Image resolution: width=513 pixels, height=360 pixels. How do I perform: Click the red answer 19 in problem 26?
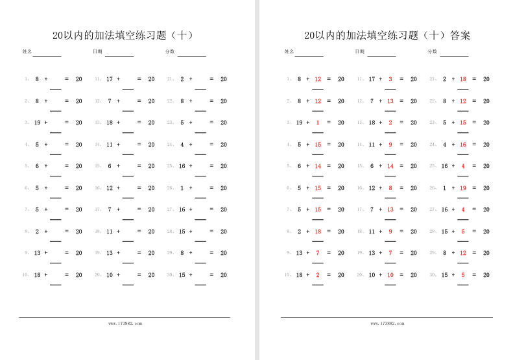coord(463,188)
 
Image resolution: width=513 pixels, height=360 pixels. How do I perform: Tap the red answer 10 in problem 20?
coord(390,275)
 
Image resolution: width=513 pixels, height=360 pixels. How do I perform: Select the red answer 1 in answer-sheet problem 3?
coord(318,123)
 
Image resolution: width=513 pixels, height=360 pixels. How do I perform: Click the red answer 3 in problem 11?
coord(390,79)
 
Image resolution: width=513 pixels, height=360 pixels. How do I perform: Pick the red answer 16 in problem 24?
coord(463,145)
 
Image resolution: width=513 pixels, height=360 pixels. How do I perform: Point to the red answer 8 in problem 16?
coord(390,188)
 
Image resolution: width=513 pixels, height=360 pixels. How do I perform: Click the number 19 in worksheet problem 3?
coord(37,123)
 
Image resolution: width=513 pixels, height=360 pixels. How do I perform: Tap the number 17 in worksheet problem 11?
coord(110,79)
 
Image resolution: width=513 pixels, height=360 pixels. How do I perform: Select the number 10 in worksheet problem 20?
coord(110,275)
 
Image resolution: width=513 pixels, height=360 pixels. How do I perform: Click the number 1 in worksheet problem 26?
coord(182,188)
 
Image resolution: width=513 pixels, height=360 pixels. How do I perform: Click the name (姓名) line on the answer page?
coord(309,56)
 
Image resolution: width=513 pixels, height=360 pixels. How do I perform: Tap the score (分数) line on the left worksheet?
coord(191,56)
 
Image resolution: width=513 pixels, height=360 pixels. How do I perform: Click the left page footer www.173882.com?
coord(125,323)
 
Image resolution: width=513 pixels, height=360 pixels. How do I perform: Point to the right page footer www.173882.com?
coord(387,323)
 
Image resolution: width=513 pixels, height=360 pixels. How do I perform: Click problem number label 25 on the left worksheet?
coord(170,166)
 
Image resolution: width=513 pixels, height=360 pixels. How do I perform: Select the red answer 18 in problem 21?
coord(463,79)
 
